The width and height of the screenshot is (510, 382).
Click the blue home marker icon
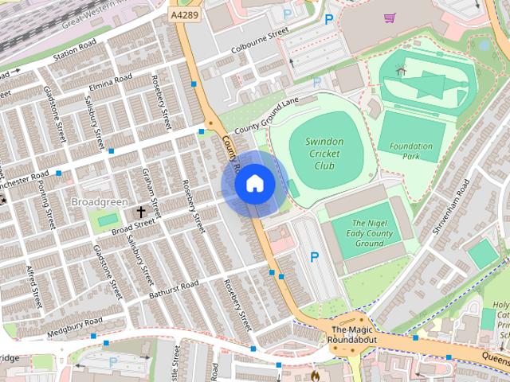tap(255, 184)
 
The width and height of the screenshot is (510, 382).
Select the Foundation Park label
tap(412, 151)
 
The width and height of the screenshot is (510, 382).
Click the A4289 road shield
tap(185, 14)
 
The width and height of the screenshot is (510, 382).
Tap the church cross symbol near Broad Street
tap(141, 212)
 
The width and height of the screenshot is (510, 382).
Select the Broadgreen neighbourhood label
tap(100, 202)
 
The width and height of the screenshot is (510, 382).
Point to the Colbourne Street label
tap(258, 37)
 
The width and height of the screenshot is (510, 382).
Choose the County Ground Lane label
tap(265, 111)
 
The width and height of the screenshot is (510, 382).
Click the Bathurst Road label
tap(173, 290)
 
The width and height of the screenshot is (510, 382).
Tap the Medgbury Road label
tap(74, 326)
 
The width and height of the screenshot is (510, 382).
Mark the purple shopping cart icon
tap(390, 18)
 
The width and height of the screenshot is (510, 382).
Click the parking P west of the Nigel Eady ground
tap(314, 257)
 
